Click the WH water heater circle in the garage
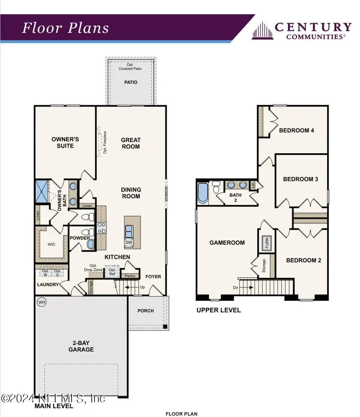pos(41,302)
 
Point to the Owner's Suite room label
pos(65,142)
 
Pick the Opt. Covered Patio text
pos(130,67)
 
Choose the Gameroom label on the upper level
pos(227,243)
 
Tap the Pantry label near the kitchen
pos(130,276)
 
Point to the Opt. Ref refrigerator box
pos(112,272)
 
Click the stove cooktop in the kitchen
pos(102,228)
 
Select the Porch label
pos(145,311)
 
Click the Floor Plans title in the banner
pos(65,28)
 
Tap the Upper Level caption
pos(218,310)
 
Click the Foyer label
pos(153,276)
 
